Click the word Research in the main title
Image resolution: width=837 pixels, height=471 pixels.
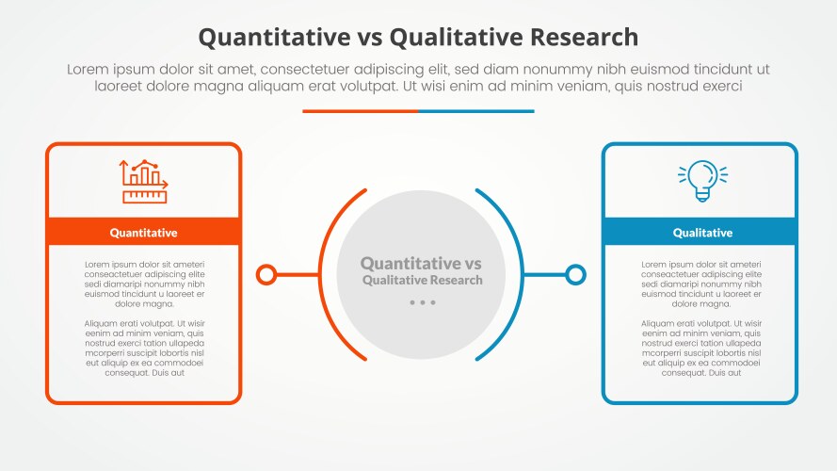click(x=584, y=38)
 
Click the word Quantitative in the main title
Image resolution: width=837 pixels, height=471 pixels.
click(x=274, y=38)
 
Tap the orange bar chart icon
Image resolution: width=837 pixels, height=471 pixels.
click(x=144, y=182)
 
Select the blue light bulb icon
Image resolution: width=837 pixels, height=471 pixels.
click(x=702, y=181)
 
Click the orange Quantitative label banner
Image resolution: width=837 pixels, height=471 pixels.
click(x=144, y=233)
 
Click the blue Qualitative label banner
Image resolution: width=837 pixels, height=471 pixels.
click(x=700, y=233)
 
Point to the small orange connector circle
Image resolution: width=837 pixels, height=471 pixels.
click(x=266, y=275)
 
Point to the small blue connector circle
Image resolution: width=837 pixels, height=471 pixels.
click(x=575, y=275)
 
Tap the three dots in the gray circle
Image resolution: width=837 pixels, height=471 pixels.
click(x=422, y=302)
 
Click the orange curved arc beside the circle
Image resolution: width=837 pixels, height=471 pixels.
click(x=320, y=275)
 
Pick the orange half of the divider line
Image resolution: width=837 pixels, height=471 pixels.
click(x=361, y=111)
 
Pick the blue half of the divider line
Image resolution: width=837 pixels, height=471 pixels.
click(x=476, y=111)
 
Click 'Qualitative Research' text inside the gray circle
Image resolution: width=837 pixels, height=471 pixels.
click(x=422, y=281)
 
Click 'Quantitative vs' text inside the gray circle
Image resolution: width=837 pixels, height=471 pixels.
click(x=421, y=263)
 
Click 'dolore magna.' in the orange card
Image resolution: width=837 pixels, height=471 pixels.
click(x=144, y=304)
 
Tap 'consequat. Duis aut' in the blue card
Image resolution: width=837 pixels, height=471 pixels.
click(x=701, y=373)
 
